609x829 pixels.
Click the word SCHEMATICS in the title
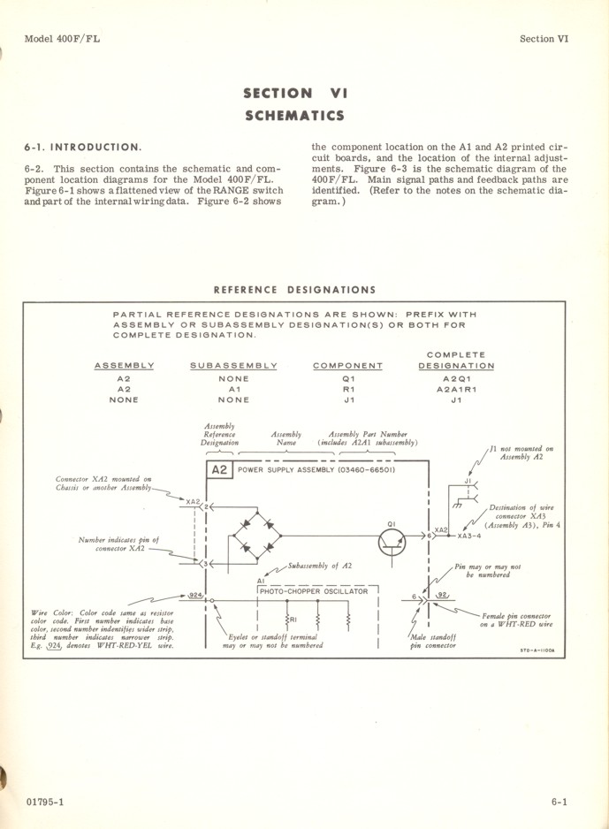pos(294,116)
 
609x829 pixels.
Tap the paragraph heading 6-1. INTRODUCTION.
pos(82,147)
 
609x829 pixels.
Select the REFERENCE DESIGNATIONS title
pos(294,290)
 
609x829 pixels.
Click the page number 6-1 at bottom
pos(558,802)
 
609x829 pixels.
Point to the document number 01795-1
pos(45,802)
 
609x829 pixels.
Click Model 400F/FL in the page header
pos(62,39)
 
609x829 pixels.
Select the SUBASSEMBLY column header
pos(233,366)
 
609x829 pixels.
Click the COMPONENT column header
pos(348,366)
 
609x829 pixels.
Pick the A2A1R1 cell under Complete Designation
pos(456,389)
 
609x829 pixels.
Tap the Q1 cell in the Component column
pos(348,378)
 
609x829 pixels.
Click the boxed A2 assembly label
pos(220,470)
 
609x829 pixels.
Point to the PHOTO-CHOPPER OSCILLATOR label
pos(314,591)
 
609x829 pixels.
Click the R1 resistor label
pos(293,620)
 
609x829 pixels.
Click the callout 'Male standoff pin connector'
pos(433,641)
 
